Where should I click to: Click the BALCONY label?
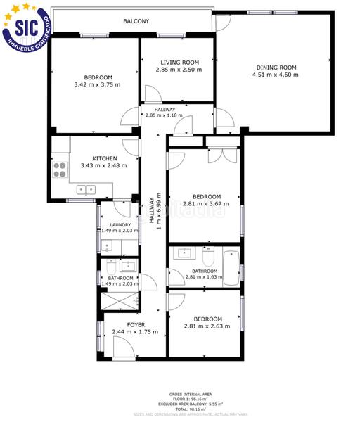coord(136,22)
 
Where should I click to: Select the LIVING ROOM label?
coord(179,63)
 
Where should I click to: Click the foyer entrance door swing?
coord(123,346)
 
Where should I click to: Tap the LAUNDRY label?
coord(116,224)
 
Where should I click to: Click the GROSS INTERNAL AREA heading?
coord(186,394)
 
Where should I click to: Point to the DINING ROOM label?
coord(276,68)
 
